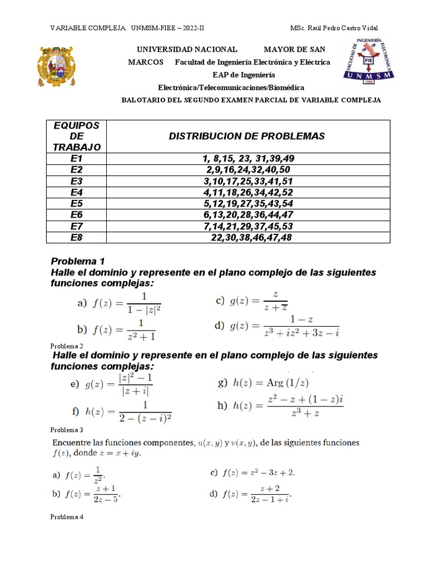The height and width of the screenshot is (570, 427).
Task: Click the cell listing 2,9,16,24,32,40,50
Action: [x=247, y=170]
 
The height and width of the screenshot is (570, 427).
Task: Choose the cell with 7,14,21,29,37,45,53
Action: [x=247, y=226]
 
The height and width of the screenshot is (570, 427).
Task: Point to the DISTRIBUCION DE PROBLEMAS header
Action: [x=247, y=136]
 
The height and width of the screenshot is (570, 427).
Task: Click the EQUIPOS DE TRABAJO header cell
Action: [x=77, y=136]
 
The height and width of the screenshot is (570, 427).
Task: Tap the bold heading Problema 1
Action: [x=78, y=261]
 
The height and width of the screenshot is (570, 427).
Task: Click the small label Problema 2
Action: [x=66, y=346]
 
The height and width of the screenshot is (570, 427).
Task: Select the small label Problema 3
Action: [x=66, y=430]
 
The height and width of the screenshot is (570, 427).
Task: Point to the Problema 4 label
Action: [x=66, y=517]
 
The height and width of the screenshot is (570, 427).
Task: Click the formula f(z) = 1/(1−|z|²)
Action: [x=119, y=304]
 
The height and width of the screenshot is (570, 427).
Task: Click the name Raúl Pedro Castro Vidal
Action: [x=344, y=28]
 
